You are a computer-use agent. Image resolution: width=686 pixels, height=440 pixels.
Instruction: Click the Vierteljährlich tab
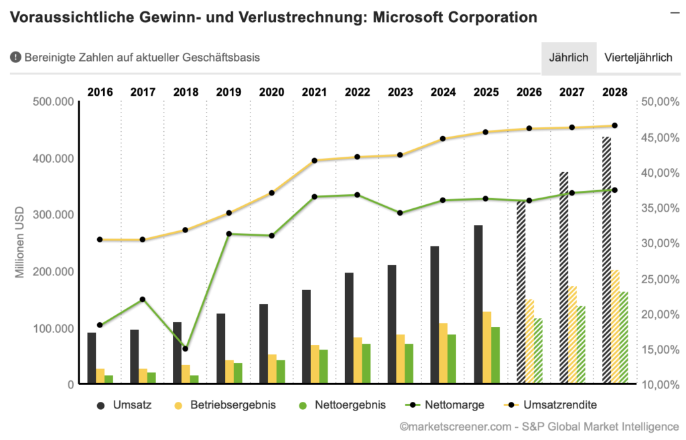(638, 58)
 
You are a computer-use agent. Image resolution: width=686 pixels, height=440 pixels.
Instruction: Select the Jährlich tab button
(568, 58)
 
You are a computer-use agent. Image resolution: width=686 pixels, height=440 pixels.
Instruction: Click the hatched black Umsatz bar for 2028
(607, 261)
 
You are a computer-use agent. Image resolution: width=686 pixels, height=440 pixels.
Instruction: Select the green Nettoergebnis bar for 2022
(366, 364)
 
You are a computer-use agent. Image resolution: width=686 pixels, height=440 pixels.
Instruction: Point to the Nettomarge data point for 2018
(186, 348)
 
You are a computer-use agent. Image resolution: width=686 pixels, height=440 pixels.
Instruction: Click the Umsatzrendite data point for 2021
(315, 161)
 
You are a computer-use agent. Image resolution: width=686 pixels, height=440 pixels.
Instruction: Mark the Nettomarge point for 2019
(228, 234)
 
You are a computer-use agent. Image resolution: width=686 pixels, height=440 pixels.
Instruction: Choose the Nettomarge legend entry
(444, 405)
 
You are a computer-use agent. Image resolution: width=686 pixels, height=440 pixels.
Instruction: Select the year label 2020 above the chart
(271, 92)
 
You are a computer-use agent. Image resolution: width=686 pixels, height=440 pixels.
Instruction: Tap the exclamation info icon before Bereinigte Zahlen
(15, 58)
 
